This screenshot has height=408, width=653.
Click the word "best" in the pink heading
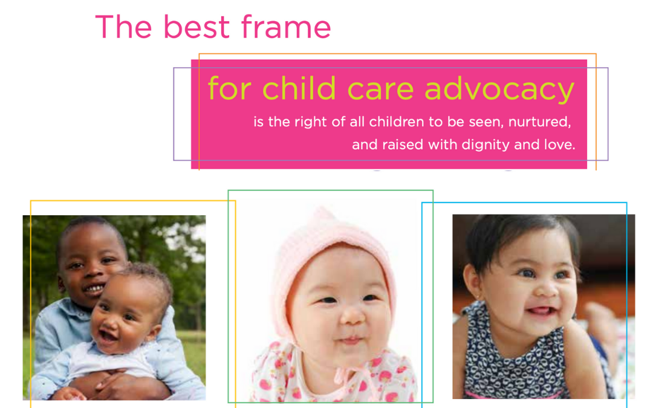pyautogui.click(x=196, y=27)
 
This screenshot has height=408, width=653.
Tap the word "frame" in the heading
pyautogui.click(x=286, y=27)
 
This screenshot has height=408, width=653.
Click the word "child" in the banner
pyautogui.click(x=299, y=88)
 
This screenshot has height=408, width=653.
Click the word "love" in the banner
pyautogui.click(x=559, y=144)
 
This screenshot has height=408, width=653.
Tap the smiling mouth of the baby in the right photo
pyautogui.click(x=541, y=311)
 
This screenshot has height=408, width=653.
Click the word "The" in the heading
pyautogui.click(x=124, y=27)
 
